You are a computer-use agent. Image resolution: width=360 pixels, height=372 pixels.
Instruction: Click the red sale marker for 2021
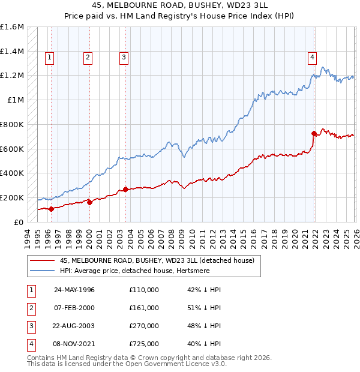[314, 133]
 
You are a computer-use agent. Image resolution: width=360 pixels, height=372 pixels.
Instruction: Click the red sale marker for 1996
[51, 209]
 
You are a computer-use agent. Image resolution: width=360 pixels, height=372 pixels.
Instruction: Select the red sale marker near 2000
[89, 202]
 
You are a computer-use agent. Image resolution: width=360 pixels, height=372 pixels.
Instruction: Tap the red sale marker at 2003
[125, 189]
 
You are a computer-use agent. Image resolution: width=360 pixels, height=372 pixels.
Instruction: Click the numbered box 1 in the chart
[49, 58]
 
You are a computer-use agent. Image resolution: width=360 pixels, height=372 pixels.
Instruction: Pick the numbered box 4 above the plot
[313, 58]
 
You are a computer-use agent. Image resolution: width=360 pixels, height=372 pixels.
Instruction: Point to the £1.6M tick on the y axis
[12, 27]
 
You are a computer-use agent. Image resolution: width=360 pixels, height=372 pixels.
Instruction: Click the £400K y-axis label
[12, 173]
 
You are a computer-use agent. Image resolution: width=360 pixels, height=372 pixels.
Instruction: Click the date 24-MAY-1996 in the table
[74, 290]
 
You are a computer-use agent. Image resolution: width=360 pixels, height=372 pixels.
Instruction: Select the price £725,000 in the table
[144, 344]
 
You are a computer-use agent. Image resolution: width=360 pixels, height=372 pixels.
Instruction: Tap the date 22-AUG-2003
[74, 326]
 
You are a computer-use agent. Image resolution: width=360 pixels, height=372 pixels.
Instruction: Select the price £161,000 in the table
[144, 308]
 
